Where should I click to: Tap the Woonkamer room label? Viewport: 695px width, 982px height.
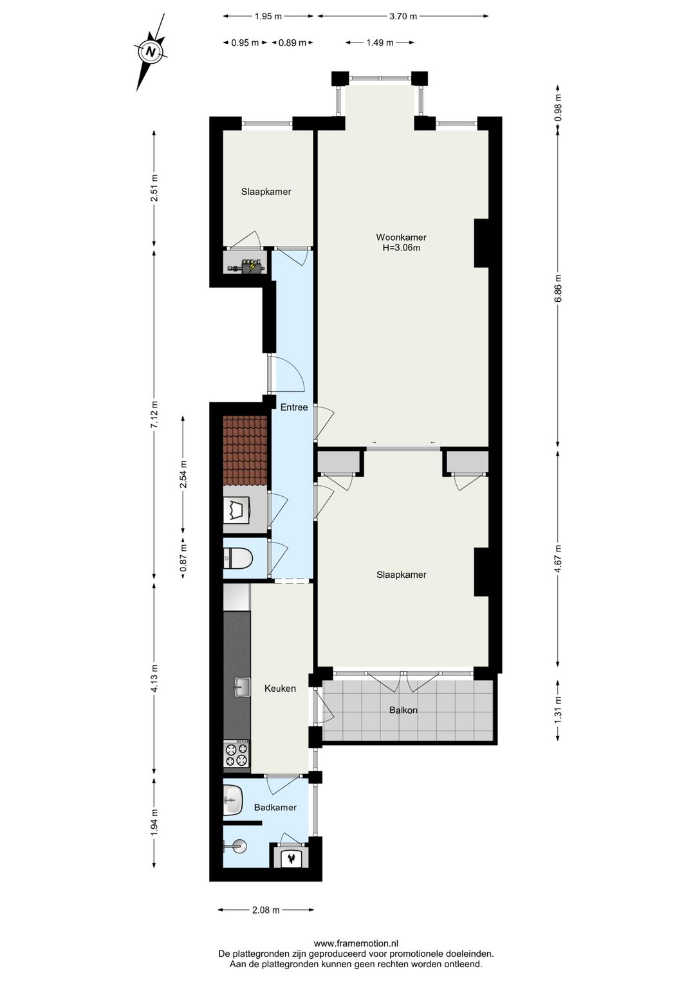[401, 237]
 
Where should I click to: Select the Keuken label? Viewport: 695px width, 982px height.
[280, 689]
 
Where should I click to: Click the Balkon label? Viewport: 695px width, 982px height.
[403, 710]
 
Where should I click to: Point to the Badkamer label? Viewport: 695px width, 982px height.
[275, 807]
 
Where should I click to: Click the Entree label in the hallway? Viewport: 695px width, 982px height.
[293, 407]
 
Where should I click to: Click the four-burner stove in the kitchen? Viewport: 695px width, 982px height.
[236, 755]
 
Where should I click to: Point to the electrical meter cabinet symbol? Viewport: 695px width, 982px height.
[247, 265]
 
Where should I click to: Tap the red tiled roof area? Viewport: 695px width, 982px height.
[245, 450]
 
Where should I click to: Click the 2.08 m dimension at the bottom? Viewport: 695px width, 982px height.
[266, 910]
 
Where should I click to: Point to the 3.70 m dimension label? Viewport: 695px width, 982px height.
[403, 16]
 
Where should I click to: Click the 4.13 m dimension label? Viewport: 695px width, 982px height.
[154, 678]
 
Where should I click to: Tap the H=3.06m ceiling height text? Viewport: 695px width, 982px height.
[401, 248]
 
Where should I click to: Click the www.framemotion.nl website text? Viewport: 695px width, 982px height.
[356, 944]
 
